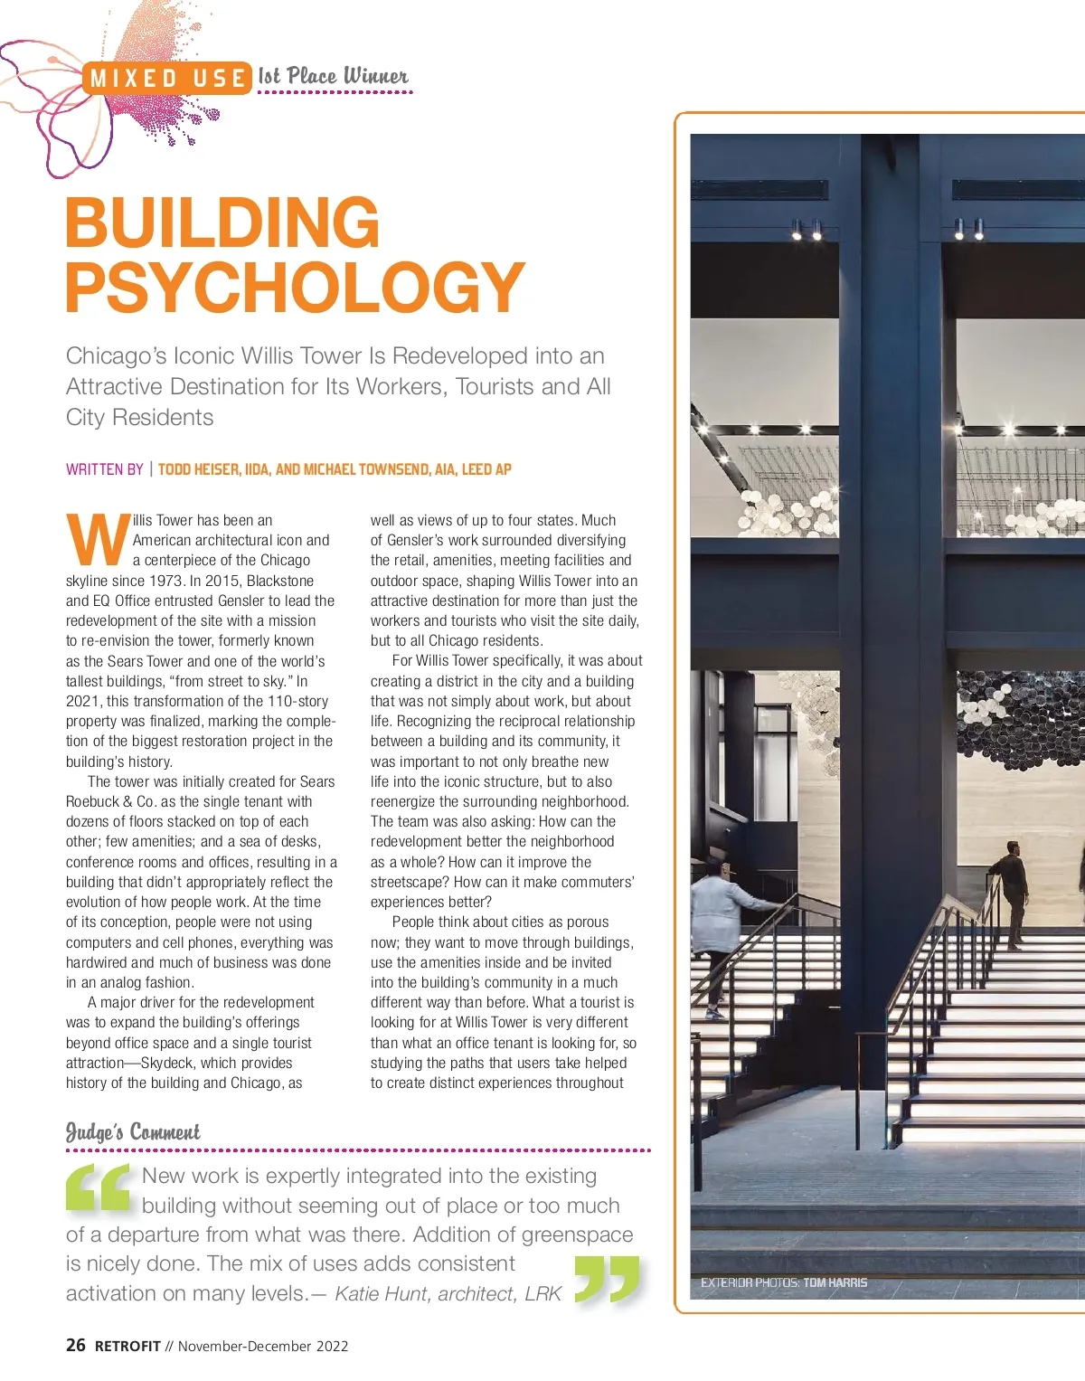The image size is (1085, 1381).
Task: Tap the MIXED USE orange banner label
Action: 168,80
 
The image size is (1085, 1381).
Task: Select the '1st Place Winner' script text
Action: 333,77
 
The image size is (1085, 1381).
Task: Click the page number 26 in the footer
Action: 76,1345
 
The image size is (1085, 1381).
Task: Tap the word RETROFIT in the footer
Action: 127,1346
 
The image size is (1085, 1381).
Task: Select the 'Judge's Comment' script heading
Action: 133,1132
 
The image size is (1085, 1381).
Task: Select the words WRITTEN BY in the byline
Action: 104,469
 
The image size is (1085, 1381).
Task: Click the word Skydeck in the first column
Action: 169,1063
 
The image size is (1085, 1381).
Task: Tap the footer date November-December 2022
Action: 263,1346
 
